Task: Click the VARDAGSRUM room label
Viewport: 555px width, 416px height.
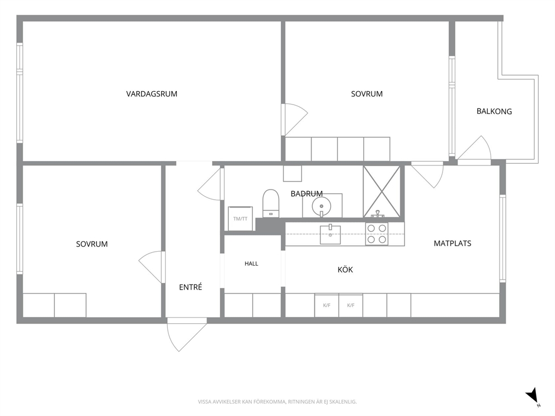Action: (x=152, y=94)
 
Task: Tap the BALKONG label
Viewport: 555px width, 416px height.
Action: (x=494, y=111)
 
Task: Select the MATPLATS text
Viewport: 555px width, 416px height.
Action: (x=453, y=243)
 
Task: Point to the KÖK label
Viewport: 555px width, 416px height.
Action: (x=345, y=270)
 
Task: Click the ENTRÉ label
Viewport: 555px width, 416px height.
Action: (x=190, y=287)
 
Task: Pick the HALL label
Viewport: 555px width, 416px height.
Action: (x=251, y=263)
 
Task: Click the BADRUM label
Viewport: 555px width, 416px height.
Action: (x=307, y=193)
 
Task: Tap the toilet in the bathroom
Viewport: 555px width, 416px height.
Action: (x=271, y=203)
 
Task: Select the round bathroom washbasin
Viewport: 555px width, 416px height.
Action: (x=321, y=205)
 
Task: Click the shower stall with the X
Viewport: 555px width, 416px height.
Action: (x=382, y=192)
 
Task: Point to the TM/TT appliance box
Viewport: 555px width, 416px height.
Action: (x=240, y=219)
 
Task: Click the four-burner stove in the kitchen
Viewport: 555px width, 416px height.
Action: (x=377, y=234)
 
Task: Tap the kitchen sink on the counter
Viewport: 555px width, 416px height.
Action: (x=330, y=234)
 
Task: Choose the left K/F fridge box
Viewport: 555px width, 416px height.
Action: (x=327, y=305)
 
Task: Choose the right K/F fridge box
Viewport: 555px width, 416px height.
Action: (x=351, y=305)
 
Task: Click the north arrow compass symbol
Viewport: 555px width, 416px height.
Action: (x=533, y=396)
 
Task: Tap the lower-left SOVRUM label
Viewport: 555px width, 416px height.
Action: (x=92, y=244)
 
